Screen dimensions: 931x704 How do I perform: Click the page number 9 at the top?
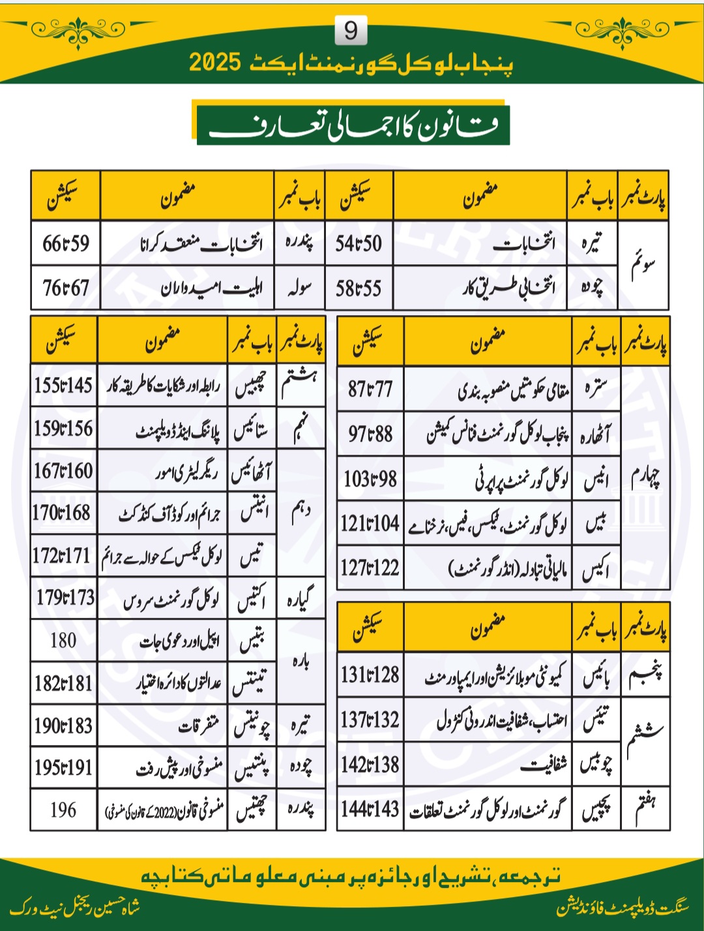point(351,31)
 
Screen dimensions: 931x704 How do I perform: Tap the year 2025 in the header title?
point(216,63)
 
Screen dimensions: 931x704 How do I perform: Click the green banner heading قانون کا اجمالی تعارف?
point(353,124)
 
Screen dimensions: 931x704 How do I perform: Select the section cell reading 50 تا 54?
point(359,243)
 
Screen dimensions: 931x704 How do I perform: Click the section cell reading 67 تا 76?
point(66,288)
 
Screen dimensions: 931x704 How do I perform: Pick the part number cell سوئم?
point(643,266)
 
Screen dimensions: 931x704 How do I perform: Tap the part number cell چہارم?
point(645,478)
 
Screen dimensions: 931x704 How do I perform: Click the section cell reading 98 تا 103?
point(370,480)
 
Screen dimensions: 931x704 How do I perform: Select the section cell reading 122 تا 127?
point(370,568)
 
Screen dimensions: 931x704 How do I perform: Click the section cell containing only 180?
point(63,641)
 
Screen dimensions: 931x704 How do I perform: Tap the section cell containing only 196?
point(63,810)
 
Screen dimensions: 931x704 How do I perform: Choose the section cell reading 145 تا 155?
point(63,386)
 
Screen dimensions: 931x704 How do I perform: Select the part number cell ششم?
point(645,741)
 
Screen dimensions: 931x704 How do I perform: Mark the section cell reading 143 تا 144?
point(370,810)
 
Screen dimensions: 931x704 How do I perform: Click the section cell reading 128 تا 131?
point(370,675)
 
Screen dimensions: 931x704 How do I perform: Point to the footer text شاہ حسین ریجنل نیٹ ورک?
point(75,908)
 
